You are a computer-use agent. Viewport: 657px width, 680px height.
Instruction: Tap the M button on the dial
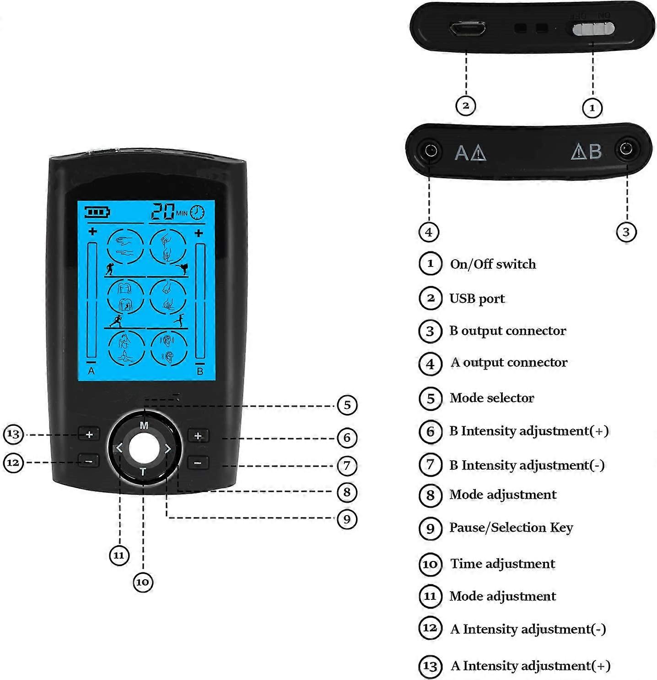[x=144, y=425]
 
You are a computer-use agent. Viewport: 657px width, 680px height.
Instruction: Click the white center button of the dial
[x=144, y=448]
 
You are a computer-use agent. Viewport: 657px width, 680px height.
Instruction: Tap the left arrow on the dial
[x=119, y=448]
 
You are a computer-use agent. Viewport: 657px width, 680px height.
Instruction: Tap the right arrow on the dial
[x=168, y=449]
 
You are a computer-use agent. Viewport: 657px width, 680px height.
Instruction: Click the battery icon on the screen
[x=97, y=212]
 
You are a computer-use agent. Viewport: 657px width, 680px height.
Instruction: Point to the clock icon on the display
[x=197, y=212]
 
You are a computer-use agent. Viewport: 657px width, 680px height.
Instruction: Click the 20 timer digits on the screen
[x=163, y=212]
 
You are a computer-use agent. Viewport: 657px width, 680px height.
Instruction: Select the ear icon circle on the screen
[x=168, y=348]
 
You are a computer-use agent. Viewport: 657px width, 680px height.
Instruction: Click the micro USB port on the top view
[x=467, y=29]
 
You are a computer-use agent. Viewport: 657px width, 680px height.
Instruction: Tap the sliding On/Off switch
[x=593, y=29]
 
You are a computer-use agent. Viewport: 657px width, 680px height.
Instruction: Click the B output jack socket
[x=626, y=149]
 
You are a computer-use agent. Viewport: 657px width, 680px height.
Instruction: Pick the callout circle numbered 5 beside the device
[x=347, y=405]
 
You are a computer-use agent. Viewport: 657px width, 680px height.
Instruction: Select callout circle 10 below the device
[x=142, y=582]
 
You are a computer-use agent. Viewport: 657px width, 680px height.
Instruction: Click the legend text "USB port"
[x=477, y=299]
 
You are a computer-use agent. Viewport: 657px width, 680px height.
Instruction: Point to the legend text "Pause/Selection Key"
[x=511, y=528]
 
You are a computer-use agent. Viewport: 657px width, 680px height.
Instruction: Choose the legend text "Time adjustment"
[x=502, y=564]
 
